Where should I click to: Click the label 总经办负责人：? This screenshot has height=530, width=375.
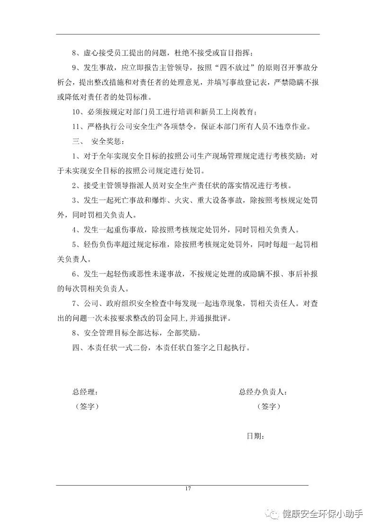(x=263, y=392)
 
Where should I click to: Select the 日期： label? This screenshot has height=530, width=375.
(x=255, y=436)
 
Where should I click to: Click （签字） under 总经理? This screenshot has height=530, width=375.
(x=87, y=406)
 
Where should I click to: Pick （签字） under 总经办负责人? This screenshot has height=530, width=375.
(x=269, y=406)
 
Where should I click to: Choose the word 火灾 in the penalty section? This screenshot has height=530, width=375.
(x=190, y=200)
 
